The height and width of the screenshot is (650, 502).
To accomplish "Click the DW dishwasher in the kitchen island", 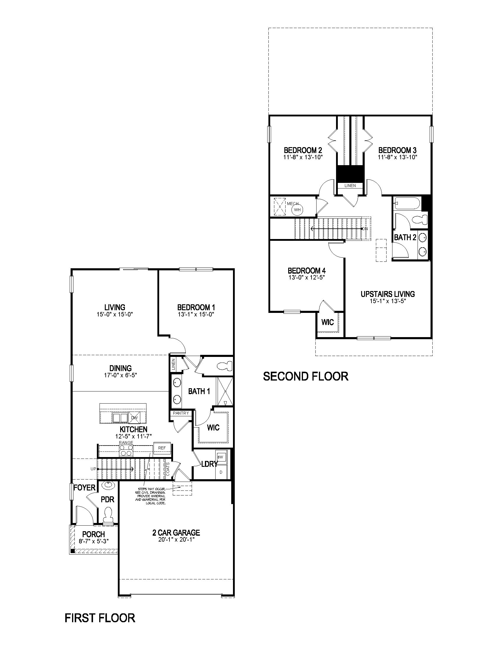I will pos(134,417).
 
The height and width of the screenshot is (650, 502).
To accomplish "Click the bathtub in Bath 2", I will pos(407,203).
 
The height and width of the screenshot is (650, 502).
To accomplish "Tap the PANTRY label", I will pos(181,413).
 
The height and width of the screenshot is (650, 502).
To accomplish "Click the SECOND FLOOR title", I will pos(306,376).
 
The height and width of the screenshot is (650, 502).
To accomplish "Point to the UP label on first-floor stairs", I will pos(93,469).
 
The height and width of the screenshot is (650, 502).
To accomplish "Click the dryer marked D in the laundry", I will pos(221,472).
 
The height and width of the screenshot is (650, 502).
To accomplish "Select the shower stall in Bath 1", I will pos(224,391).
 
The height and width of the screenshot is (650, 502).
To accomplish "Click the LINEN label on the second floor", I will pos(350,186).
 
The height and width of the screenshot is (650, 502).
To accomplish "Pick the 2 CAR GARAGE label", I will pos(176,533).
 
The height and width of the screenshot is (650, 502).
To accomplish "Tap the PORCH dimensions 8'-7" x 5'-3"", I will pos(94,541).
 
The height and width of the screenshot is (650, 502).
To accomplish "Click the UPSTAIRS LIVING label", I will pos(387,294).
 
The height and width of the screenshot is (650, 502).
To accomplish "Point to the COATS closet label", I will pos(168,469).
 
